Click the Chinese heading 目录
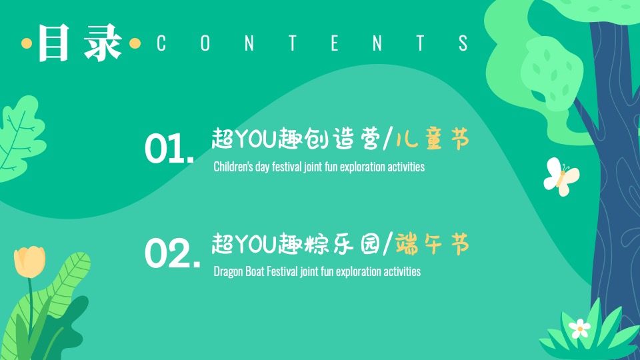[80, 43]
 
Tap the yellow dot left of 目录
[27, 43]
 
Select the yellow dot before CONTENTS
[135, 43]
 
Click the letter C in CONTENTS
[161, 43]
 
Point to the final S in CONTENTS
[463, 43]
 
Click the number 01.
[169, 148]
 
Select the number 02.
[172, 253]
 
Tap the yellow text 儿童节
[433, 139]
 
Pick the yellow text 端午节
[433, 244]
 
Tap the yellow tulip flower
[29, 261]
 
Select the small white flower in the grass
[579, 328]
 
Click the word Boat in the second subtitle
[255, 271]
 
